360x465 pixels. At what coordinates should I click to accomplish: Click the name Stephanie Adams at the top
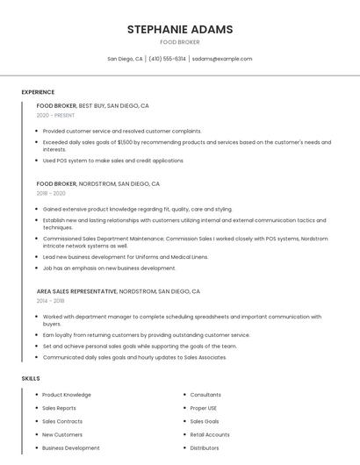pyautogui.click(x=180, y=30)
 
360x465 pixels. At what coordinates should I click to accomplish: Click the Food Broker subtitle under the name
pyautogui.click(x=180, y=42)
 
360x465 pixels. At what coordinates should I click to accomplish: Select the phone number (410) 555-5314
pyautogui.click(x=167, y=59)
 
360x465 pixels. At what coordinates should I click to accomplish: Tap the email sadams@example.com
pyautogui.click(x=222, y=59)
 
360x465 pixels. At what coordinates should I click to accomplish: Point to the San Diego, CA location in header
pyautogui.click(x=125, y=59)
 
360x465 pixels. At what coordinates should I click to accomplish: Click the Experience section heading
pyautogui.click(x=38, y=92)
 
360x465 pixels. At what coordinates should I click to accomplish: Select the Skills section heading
pyautogui.click(x=31, y=378)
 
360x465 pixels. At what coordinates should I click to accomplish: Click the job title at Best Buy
pyautogui.click(x=56, y=105)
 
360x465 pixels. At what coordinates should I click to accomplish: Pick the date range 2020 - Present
pyautogui.click(x=55, y=115)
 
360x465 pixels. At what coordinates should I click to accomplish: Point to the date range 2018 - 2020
pyautogui.click(x=51, y=193)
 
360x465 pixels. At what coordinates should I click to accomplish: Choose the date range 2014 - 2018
pyautogui.click(x=50, y=300)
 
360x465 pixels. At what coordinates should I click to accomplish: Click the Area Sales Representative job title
pyautogui.click(x=76, y=290)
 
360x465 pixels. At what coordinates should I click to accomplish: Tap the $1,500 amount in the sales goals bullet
pyautogui.click(x=125, y=142)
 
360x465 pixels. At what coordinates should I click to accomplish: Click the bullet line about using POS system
pyautogui.click(x=112, y=161)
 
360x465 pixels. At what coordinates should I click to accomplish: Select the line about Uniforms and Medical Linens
pyautogui.click(x=126, y=257)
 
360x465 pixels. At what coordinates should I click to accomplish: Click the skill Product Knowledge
pyautogui.click(x=66, y=395)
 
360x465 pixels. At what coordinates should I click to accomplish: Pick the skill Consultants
pyautogui.click(x=205, y=395)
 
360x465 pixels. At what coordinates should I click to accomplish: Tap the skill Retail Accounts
pyautogui.click(x=210, y=434)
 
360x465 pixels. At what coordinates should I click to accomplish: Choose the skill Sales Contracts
pyautogui.click(x=62, y=421)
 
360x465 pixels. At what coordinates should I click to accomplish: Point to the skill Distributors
pyautogui.click(x=205, y=447)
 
